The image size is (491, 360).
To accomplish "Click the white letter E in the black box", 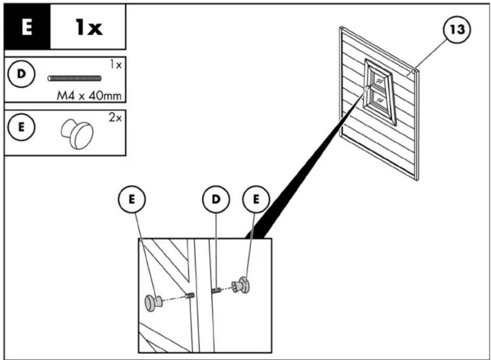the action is point(27,27).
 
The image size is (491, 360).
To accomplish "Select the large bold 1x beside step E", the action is point(89,27).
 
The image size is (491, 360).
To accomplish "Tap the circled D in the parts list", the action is point(21,74).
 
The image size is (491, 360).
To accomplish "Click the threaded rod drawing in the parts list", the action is point(74,78).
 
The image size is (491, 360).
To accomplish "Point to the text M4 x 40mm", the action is point(89,96).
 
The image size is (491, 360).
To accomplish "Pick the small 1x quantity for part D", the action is point(116,65).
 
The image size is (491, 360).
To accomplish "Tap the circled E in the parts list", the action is point(21,127).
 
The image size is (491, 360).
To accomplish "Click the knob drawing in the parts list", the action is point(77,134).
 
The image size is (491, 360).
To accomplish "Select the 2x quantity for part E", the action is point(115,118).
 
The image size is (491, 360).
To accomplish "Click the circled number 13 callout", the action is point(457,30).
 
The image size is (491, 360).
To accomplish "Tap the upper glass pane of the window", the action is point(379,81).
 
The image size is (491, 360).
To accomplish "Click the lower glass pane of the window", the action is point(379,100).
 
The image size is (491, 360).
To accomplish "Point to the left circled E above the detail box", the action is point(132,199).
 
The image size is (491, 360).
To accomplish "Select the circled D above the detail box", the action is point(216,199).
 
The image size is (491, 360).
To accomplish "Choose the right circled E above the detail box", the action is point(256,199).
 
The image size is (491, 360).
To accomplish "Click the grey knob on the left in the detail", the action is point(154,303).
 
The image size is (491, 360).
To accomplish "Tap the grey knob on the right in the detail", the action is point(241,285).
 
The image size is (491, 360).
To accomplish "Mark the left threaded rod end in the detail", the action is point(190,295).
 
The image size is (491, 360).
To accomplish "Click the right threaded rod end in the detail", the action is point(216,291).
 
